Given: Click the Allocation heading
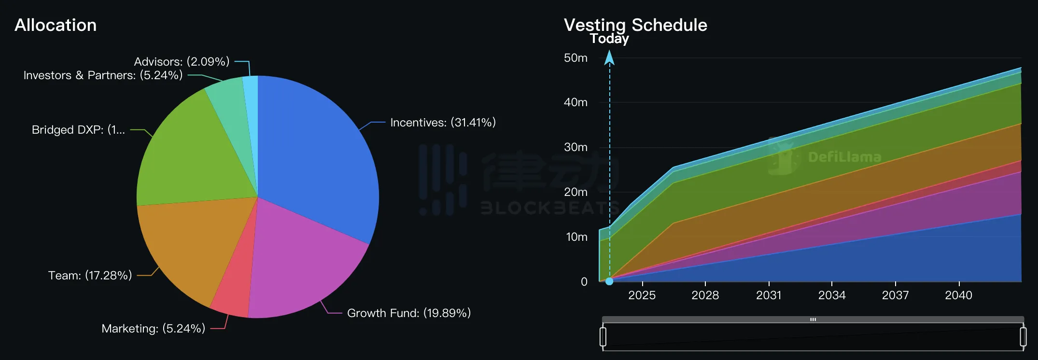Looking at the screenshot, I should pyautogui.click(x=56, y=25).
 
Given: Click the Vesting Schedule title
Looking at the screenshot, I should pyautogui.click(x=635, y=25).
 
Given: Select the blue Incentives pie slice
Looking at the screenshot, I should pyautogui.click(x=314, y=154).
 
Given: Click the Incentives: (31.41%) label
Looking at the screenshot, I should pyautogui.click(x=443, y=123).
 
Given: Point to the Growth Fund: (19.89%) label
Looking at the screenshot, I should pyautogui.click(x=408, y=313).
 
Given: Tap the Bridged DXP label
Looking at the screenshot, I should pyautogui.click(x=78, y=130).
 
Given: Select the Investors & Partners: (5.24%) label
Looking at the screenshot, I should pyautogui.click(x=103, y=75).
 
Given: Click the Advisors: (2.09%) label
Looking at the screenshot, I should pyautogui.click(x=182, y=62).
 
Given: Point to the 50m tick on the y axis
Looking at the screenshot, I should pyautogui.click(x=575, y=58).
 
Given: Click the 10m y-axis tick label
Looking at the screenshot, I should pyautogui.click(x=576, y=237).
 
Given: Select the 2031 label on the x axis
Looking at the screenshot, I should pyautogui.click(x=769, y=295).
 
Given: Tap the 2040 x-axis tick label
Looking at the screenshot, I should pyautogui.click(x=958, y=295).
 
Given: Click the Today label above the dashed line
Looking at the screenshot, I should pyautogui.click(x=609, y=39).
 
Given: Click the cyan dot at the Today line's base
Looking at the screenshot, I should pyautogui.click(x=609, y=281).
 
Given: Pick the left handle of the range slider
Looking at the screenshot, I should pyautogui.click(x=603, y=336).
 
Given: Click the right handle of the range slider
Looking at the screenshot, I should pyautogui.click(x=1023, y=336).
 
